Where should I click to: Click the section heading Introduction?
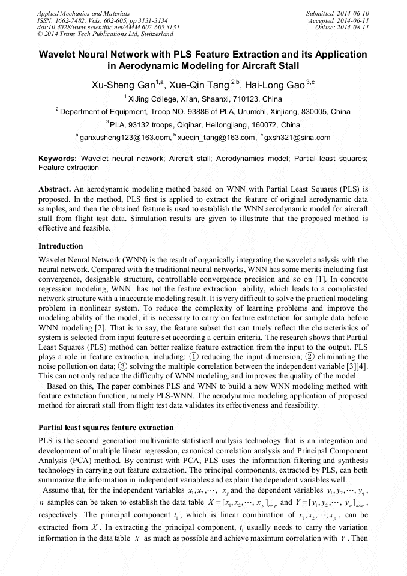click(x=61, y=246)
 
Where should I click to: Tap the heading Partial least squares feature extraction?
click(x=106, y=428)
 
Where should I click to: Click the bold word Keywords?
click(x=58, y=159)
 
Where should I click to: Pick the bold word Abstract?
click(x=56, y=189)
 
